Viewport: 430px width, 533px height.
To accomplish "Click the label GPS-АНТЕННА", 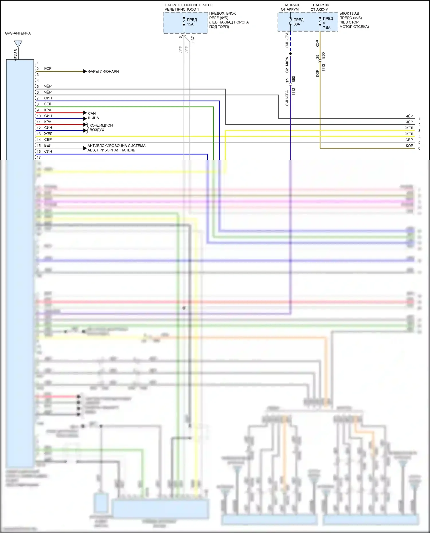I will pyautogui.click(x=18, y=33).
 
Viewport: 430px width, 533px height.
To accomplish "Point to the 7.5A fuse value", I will pyautogui.click(x=327, y=28).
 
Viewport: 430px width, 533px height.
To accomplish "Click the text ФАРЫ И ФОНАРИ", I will pyautogui.click(x=103, y=71).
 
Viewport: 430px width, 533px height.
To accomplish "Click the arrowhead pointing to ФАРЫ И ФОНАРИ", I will pyautogui.click(x=85, y=71).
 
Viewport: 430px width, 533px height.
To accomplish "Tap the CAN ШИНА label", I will pyautogui.click(x=93, y=116).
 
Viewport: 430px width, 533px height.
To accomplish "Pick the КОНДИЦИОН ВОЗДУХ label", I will pyautogui.click(x=101, y=127).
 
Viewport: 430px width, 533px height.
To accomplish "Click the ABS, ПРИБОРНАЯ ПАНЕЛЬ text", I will pyautogui.click(x=111, y=150).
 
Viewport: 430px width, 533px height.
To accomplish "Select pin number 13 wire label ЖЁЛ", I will pyautogui.click(x=48, y=134).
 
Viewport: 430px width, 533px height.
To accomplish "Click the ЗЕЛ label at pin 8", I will pyautogui.click(x=48, y=104).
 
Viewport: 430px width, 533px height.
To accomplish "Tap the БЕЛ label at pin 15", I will pyautogui.click(x=48, y=145).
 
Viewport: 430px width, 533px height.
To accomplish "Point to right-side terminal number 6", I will pyautogui.click(x=419, y=148).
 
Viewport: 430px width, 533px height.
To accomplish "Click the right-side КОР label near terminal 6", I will pyautogui.click(x=409, y=146).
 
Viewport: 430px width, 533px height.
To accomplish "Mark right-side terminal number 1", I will pyautogui.click(x=419, y=119).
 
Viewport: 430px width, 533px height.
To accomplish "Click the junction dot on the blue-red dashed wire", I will pyautogui.click(x=290, y=54).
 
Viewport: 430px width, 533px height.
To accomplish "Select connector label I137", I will pyautogui.click(x=193, y=40).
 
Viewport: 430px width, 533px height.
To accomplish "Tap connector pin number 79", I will pyautogui.click(x=288, y=80).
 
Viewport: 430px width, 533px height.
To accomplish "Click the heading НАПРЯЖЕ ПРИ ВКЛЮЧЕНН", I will pyautogui.click(x=189, y=5).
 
